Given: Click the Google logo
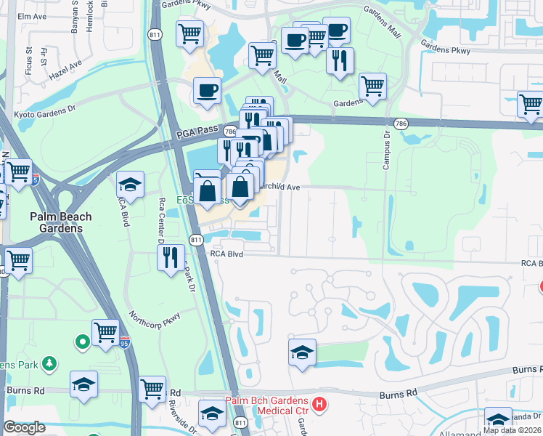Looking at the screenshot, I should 24,427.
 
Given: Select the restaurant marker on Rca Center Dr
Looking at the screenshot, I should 171,257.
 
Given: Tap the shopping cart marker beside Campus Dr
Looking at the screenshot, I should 372,85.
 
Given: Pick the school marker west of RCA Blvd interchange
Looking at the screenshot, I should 130,183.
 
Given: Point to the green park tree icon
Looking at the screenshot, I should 49,363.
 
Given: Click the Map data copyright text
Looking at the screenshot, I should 513,429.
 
